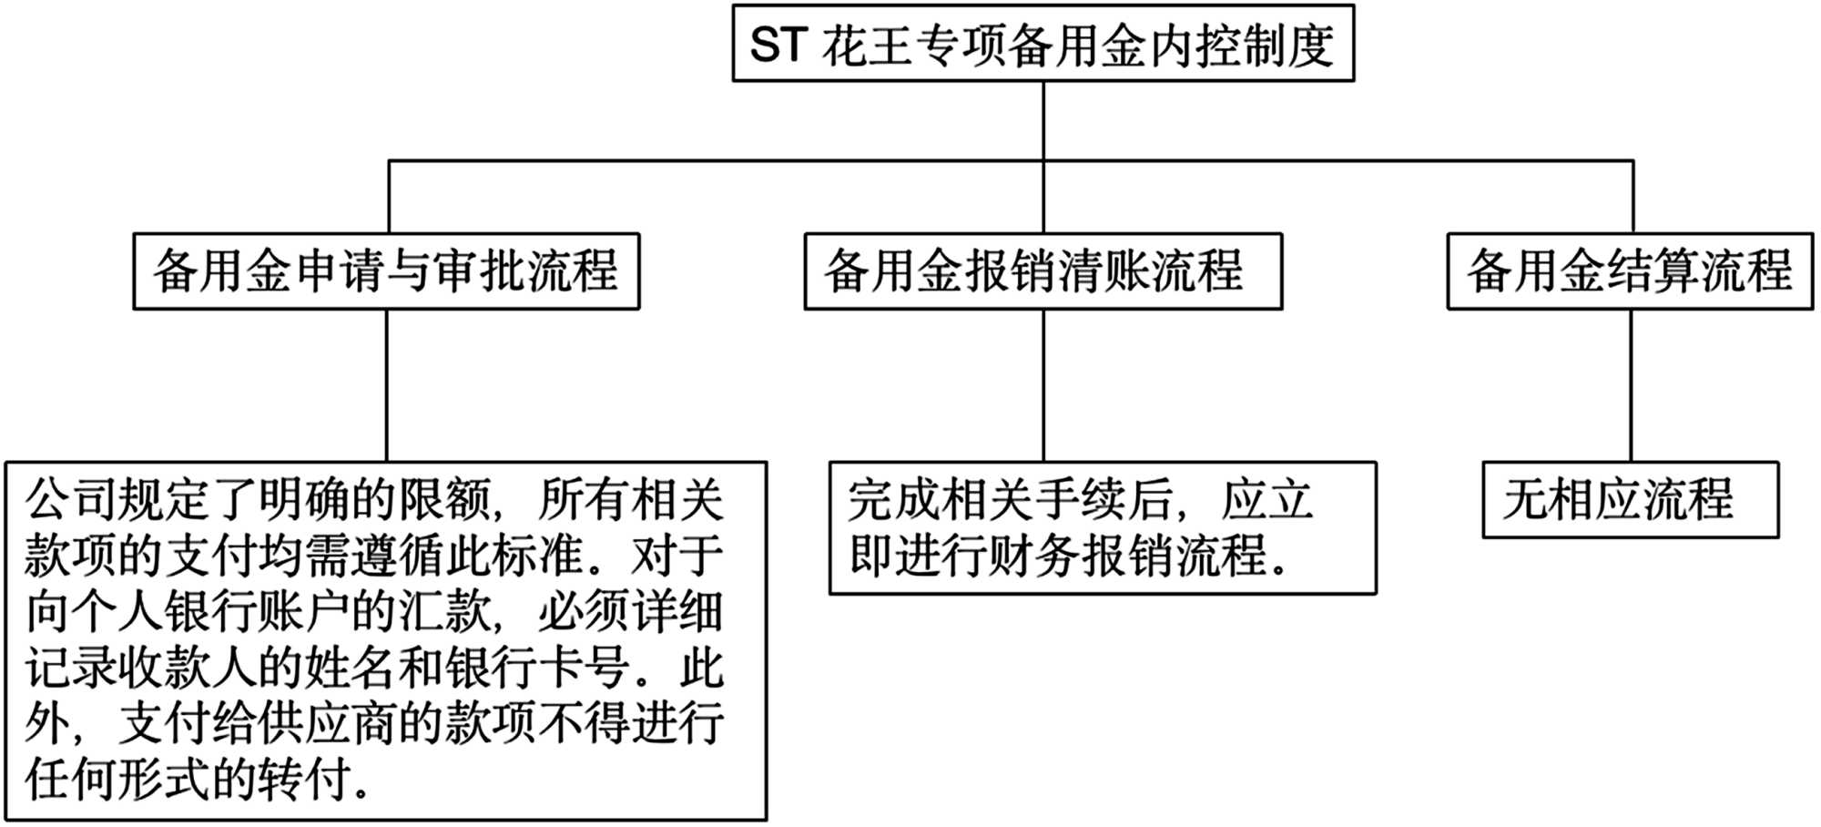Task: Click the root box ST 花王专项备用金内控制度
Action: pos(1043,44)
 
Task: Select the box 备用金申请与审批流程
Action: pos(386,271)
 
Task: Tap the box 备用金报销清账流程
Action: pos(1043,271)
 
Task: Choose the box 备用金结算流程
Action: pos(1630,271)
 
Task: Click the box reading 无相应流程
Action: pos(1630,500)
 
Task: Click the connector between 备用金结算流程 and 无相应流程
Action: pos(1630,385)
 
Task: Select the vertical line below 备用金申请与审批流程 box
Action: pos(387,385)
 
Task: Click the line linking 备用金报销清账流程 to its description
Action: pos(1043,385)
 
